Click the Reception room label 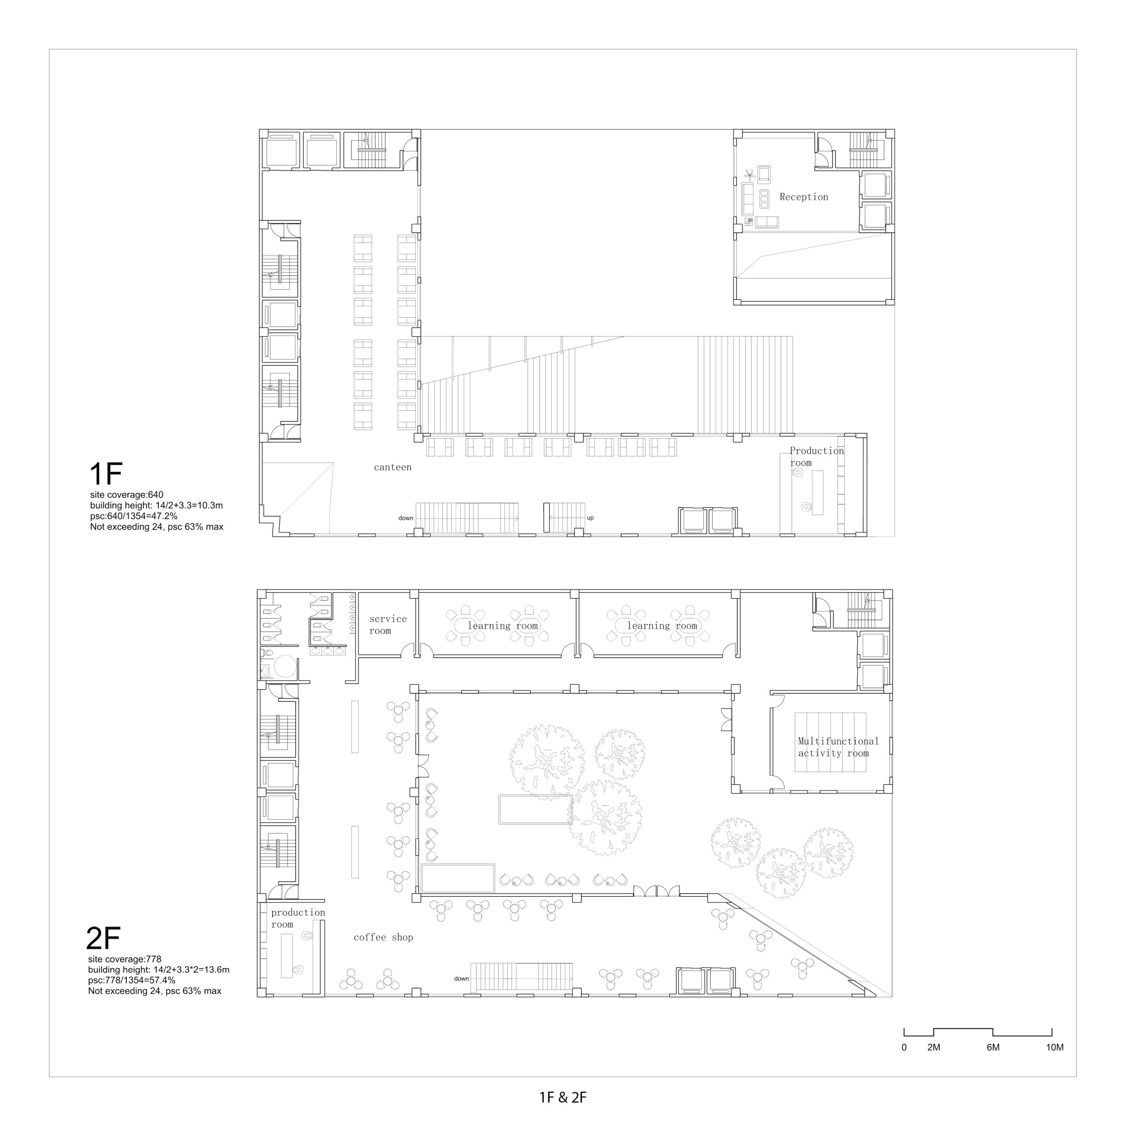click(804, 197)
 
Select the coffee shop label click(384, 937)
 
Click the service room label click(388, 625)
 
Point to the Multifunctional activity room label click(838, 747)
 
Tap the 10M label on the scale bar click(1055, 1047)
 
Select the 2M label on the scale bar click(934, 1047)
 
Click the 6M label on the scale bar click(993, 1047)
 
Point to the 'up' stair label click(590, 518)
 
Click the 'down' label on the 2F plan click(461, 979)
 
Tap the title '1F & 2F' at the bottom click(563, 1097)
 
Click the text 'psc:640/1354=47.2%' click(133, 516)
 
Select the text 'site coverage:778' click(125, 959)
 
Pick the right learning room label click(662, 625)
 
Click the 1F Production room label click(816, 457)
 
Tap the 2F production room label click(298, 918)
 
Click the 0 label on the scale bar click(904, 1047)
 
